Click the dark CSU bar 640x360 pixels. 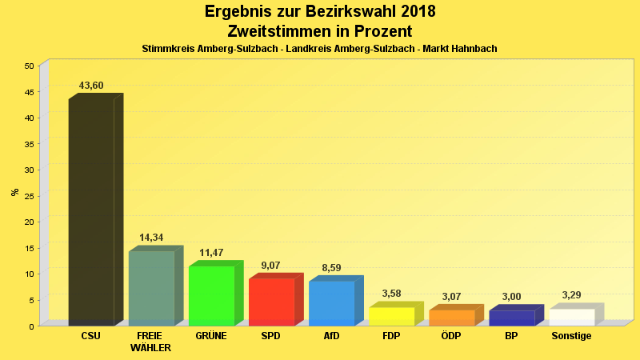tap(91, 212)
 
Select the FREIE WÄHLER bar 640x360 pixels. tap(151, 288)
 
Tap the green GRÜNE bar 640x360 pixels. tap(211, 295)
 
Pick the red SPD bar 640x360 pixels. tap(271, 302)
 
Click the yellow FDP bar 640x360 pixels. tap(391, 316)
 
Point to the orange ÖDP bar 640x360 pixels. tap(451, 318)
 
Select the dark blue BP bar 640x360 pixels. tap(511, 318)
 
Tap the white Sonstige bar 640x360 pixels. tap(571, 317)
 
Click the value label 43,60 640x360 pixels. tap(91, 86)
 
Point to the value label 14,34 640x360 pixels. tap(151, 238)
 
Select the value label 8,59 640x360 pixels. tap(331, 268)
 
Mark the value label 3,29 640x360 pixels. tap(571, 295)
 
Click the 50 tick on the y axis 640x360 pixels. tap(29, 66)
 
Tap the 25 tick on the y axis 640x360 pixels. tap(29, 196)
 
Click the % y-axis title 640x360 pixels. tap(14, 192)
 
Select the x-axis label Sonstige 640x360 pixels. tap(571, 336)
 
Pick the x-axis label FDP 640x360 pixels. tap(391, 336)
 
